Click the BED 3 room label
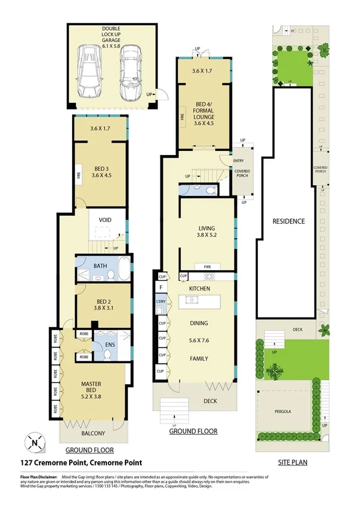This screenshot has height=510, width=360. (x=100, y=172)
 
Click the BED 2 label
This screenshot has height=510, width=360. (x=103, y=306)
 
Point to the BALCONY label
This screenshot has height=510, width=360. (x=93, y=434)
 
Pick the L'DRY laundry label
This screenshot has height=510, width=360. (x=160, y=301)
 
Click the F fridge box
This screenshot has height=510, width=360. (x=160, y=289)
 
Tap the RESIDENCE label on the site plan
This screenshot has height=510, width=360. (x=289, y=221)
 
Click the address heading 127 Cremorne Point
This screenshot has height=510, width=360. (x=81, y=462)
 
